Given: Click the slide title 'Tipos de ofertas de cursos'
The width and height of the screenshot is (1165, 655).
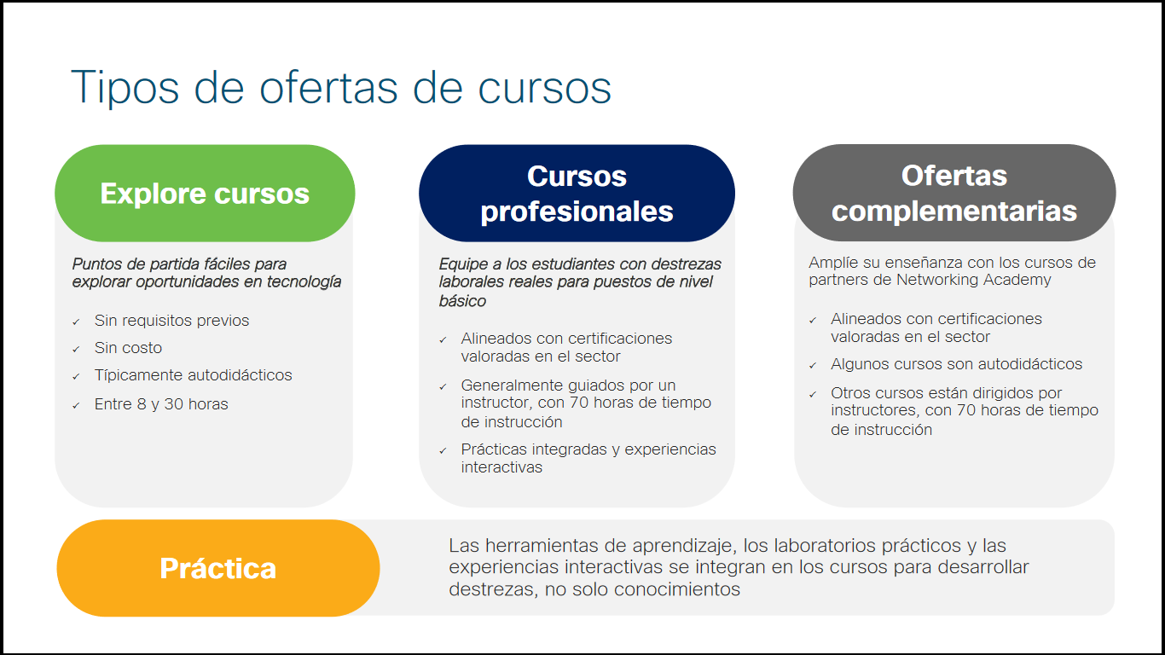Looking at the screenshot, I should point(341,87).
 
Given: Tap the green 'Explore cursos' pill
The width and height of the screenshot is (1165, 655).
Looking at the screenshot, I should point(205,194).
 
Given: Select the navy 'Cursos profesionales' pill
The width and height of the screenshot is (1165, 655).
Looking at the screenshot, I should point(577,194).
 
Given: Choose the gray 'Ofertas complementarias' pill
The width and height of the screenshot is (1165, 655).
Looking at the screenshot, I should point(953,194).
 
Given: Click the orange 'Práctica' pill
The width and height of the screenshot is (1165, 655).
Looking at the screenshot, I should point(217,568).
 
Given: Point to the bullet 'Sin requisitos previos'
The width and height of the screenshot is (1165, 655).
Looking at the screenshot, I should point(171,321).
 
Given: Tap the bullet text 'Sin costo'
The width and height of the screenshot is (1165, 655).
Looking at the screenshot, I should point(128,348).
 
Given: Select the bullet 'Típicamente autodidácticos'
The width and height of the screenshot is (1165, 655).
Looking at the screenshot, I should point(193,375).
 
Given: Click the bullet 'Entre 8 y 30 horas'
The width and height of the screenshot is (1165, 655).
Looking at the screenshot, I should point(161,404).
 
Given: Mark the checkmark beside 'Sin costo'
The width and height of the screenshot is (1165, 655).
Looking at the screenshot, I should point(76,350).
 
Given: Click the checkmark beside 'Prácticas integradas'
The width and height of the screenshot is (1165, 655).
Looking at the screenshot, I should point(443,450).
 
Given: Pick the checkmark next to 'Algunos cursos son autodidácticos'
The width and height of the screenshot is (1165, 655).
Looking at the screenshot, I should point(813,366).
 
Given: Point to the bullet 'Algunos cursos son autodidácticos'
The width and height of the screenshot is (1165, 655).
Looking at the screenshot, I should point(956,364).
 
